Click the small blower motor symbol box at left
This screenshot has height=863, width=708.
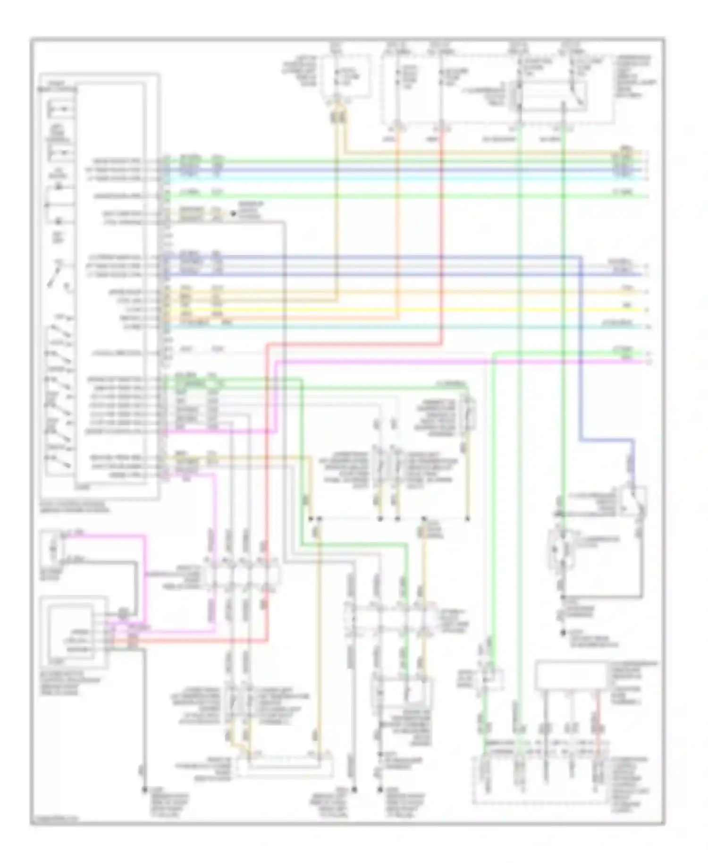click(x=52, y=548)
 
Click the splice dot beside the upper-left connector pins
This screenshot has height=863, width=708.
click(x=233, y=213)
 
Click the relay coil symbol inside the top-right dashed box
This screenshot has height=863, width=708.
click(x=519, y=94)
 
